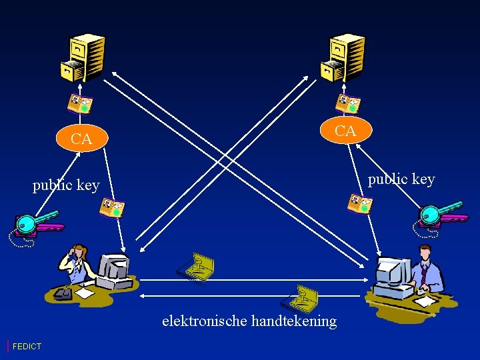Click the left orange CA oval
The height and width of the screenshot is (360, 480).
click(81, 139)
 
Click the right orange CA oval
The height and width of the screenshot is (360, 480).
click(345, 131)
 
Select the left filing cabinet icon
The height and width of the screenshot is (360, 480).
click(83, 57)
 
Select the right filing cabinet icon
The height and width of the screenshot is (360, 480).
click(343, 57)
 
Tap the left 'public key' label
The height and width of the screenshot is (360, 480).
click(66, 185)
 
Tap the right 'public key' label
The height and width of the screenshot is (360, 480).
click(401, 179)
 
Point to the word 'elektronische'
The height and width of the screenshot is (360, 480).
click(205, 321)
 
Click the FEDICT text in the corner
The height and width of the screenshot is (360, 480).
click(27, 346)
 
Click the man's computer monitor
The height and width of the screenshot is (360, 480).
click(392, 272)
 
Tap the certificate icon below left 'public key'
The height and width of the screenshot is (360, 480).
click(112, 208)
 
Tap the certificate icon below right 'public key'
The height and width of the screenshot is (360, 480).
click(359, 204)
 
